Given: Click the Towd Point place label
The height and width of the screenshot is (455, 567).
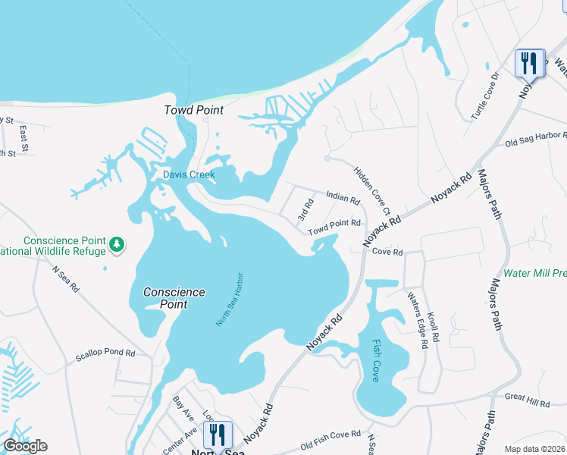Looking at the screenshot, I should click(194, 110).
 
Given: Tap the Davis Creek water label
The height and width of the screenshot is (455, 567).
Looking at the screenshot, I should click(190, 174).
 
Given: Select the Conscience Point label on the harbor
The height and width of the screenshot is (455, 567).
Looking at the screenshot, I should click(174, 297).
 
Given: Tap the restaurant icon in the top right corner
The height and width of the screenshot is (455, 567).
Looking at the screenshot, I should click(528, 62).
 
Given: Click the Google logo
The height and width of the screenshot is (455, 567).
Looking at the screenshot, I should click(25, 446).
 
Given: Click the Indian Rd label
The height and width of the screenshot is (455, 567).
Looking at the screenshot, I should click(342, 198).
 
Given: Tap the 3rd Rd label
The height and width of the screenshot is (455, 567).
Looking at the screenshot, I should click(306, 209).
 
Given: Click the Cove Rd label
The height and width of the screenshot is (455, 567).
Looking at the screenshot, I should click(387, 252).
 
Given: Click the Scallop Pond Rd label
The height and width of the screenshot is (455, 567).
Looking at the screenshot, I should click(105, 353).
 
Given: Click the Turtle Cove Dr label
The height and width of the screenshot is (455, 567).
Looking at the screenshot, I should click(487, 96).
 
